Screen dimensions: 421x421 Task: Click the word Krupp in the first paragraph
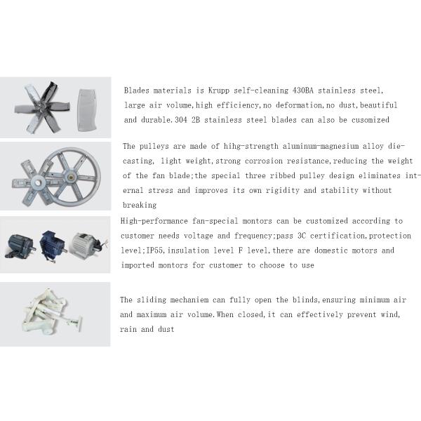(219, 91)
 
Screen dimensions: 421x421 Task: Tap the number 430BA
(303, 91)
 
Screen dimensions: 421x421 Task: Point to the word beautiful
(378, 105)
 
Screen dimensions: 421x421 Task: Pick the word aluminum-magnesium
(321, 146)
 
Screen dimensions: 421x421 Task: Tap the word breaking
(140, 206)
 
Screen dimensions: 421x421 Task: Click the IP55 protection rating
(154, 250)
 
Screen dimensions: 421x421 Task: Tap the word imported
(138, 265)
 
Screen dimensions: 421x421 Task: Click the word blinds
(305, 300)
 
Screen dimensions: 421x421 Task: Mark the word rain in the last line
(128, 329)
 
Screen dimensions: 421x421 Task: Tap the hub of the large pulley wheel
(71, 177)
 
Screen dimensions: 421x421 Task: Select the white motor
(86, 244)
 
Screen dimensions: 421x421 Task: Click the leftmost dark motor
(20, 246)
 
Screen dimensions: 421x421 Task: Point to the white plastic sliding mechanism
(51, 312)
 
